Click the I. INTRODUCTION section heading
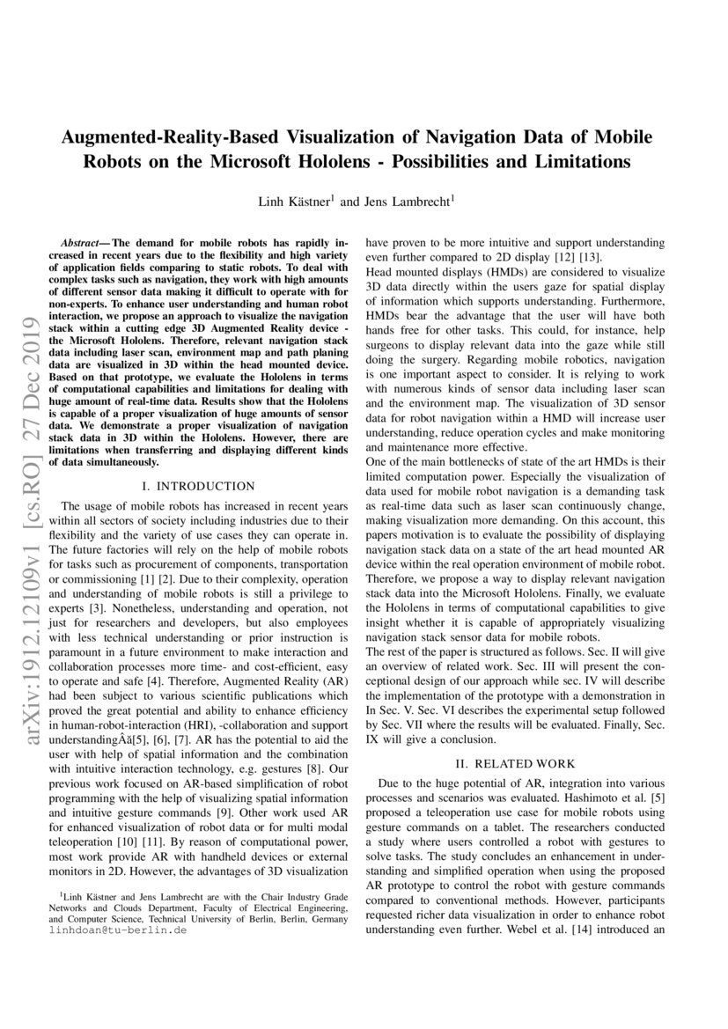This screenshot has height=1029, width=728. [198, 485]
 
